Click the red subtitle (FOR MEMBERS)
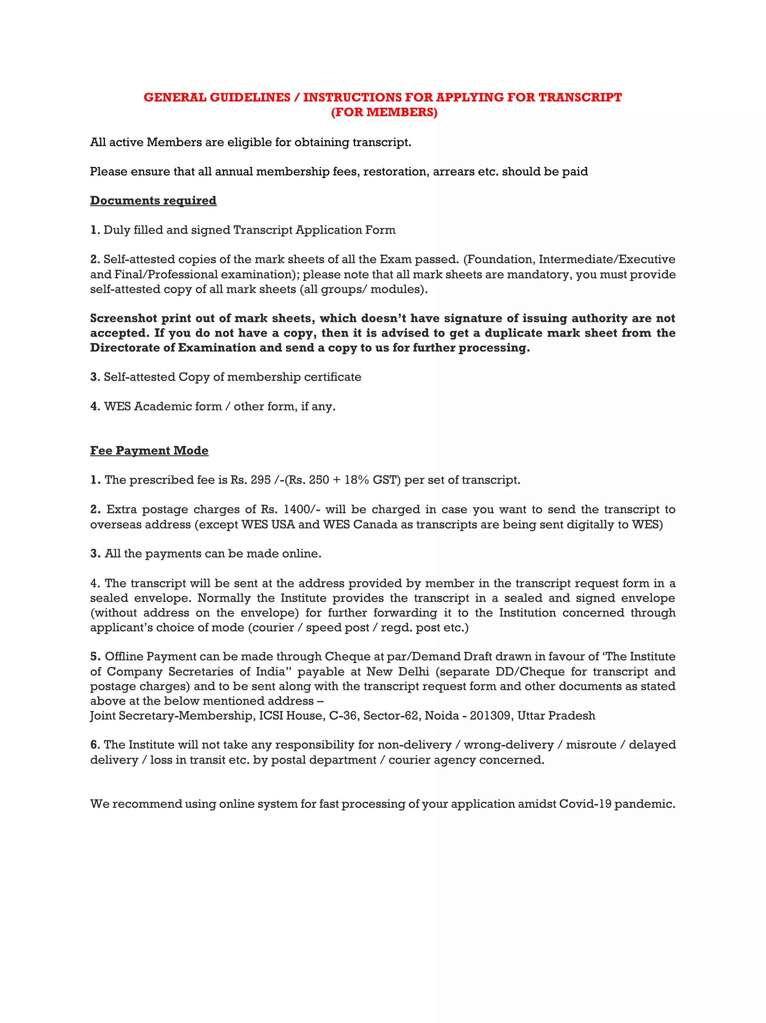pyautogui.click(x=384, y=112)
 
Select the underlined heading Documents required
pyautogui.click(x=153, y=201)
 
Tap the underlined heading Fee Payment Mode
pyautogui.click(x=149, y=451)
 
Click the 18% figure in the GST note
pyautogui.click(x=356, y=480)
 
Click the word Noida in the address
pyautogui.click(x=441, y=716)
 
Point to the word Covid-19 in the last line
pyautogui.click(x=585, y=804)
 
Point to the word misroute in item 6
pyautogui.click(x=591, y=745)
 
